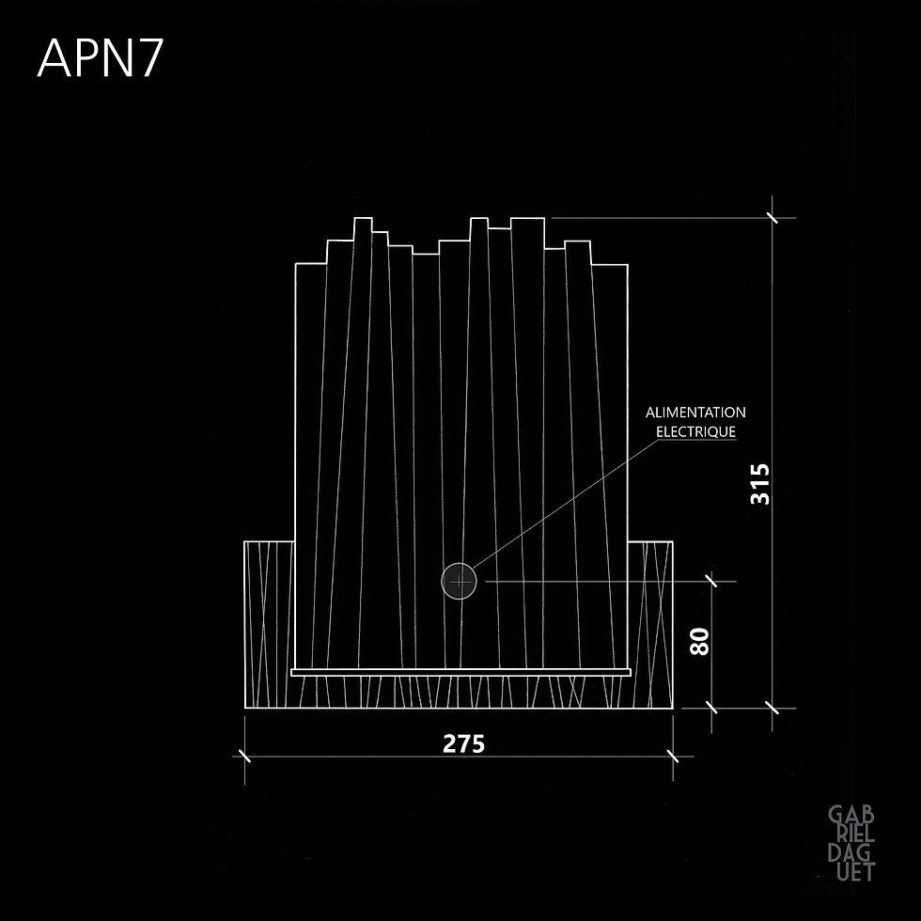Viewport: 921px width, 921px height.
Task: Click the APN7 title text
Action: pos(100,58)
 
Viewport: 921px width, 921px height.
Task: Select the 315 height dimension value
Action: pos(760,484)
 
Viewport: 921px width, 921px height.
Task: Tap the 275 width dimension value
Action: pos(463,743)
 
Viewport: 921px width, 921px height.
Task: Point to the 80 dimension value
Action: pos(699,641)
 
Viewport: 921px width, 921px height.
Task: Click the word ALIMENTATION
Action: pos(695,413)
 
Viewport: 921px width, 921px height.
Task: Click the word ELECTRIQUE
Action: pos(696,431)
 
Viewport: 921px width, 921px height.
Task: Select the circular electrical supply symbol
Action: pos(459,582)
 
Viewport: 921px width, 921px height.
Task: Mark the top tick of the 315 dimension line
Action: pos(773,218)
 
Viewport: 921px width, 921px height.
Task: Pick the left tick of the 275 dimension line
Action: pos(245,756)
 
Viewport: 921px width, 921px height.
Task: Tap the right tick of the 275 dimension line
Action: pos(673,756)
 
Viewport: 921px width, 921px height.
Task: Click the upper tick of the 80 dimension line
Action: pos(712,582)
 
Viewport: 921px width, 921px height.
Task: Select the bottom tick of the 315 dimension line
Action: pos(773,708)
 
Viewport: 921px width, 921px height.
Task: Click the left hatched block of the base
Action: pos(269,624)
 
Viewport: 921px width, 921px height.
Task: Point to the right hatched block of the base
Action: pos(650,624)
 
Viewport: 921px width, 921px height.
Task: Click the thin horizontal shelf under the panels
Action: pos(461,672)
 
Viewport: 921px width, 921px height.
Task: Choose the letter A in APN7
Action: pos(55,58)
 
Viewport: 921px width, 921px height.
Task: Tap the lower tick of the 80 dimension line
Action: pos(712,708)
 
